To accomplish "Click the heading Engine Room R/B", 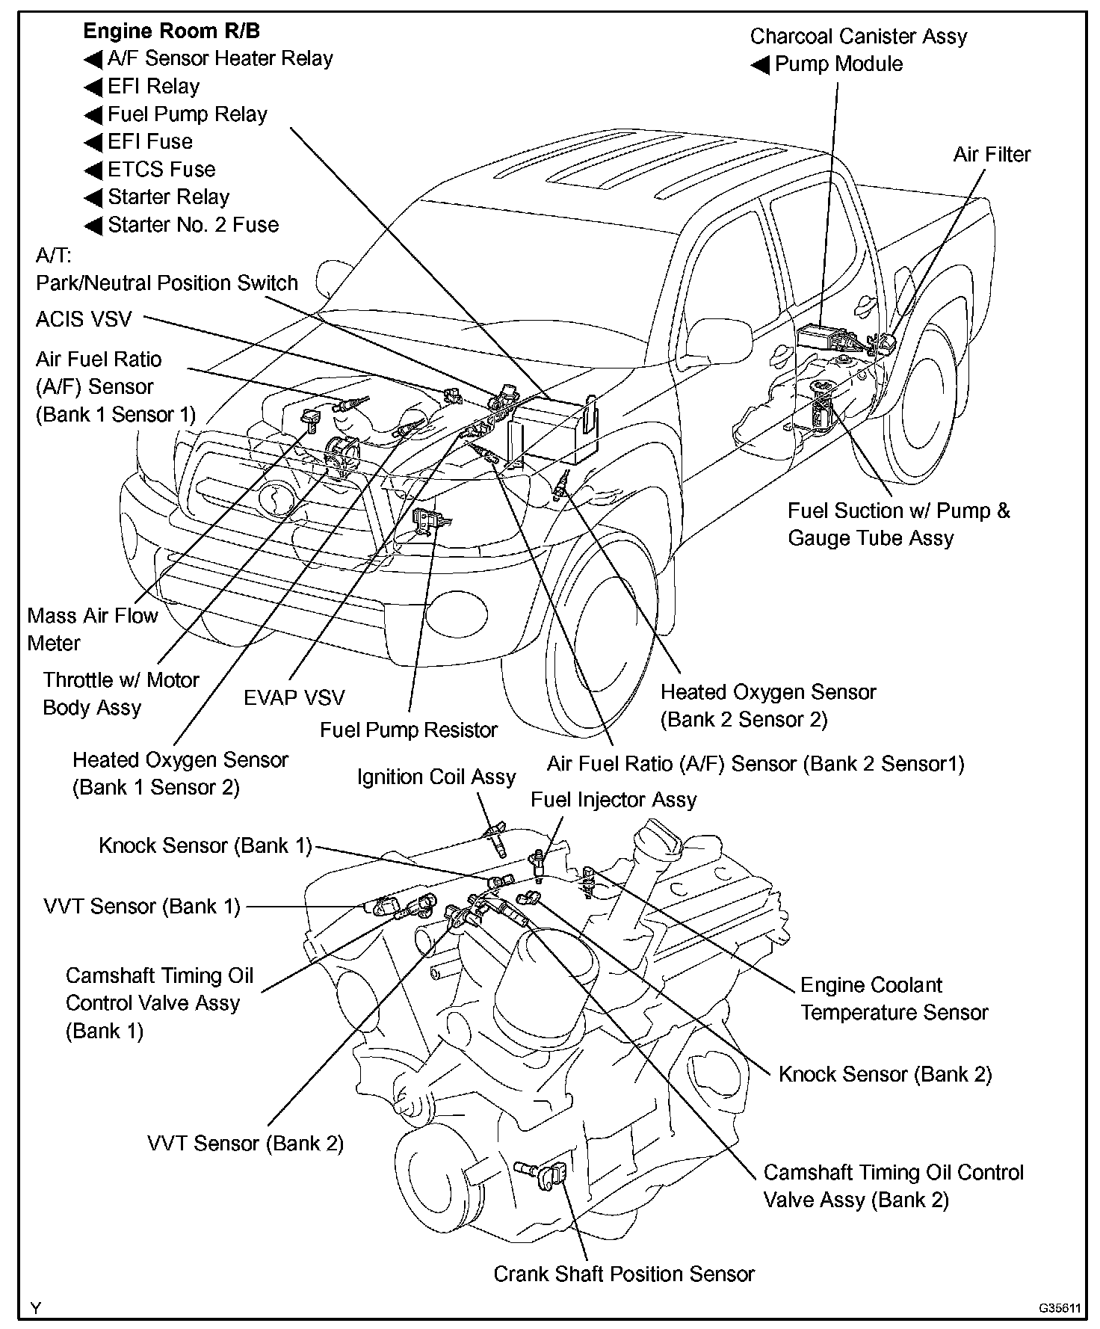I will point(171,31).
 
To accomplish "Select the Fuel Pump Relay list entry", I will point(187,114).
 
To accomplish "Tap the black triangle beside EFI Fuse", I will point(93,143).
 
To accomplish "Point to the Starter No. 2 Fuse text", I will point(193,225).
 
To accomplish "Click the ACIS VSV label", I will point(84,319).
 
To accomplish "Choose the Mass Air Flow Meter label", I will point(92,629).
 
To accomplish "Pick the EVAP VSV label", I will point(294,698).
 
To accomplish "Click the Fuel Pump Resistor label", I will point(408,730).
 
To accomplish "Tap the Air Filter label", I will point(992,155).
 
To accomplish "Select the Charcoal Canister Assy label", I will point(858,37).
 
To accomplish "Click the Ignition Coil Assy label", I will point(436,777).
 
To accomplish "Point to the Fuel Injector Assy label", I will point(613,800).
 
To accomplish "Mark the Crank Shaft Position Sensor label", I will point(623,1274).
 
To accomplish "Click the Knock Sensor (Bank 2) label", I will point(885,1074).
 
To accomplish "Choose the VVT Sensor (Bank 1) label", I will point(142,907).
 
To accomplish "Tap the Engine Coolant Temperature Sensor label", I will point(894,999).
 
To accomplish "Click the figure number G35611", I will point(1058,1308).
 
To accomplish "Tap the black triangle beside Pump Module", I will point(760,65).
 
